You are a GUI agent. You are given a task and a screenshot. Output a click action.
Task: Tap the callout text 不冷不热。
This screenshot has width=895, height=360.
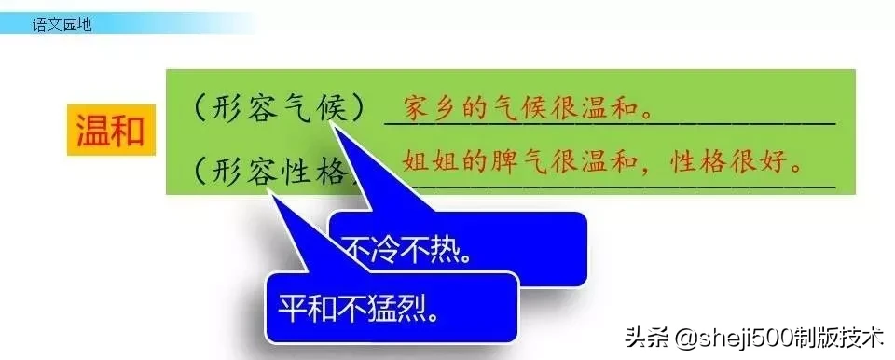pyautogui.click(x=406, y=250)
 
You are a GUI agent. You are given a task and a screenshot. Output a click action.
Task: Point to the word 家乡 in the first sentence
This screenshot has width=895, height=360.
pyautogui.click(x=421, y=109)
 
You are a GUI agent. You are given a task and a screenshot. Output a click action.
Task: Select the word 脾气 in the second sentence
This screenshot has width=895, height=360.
pyautogui.click(x=525, y=160)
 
